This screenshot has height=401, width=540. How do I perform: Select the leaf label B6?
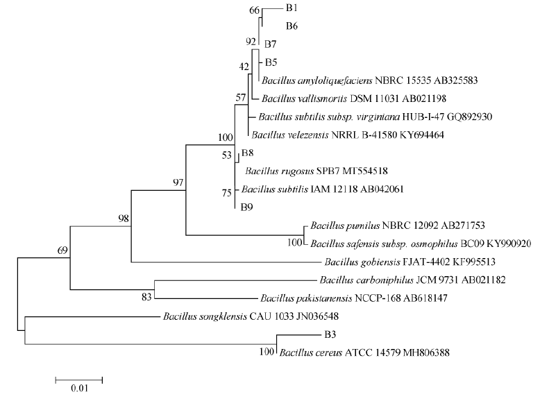(x=292, y=26)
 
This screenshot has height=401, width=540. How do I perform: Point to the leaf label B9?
(x=247, y=206)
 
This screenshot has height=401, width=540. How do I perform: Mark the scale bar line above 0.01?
(x=78, y=379)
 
